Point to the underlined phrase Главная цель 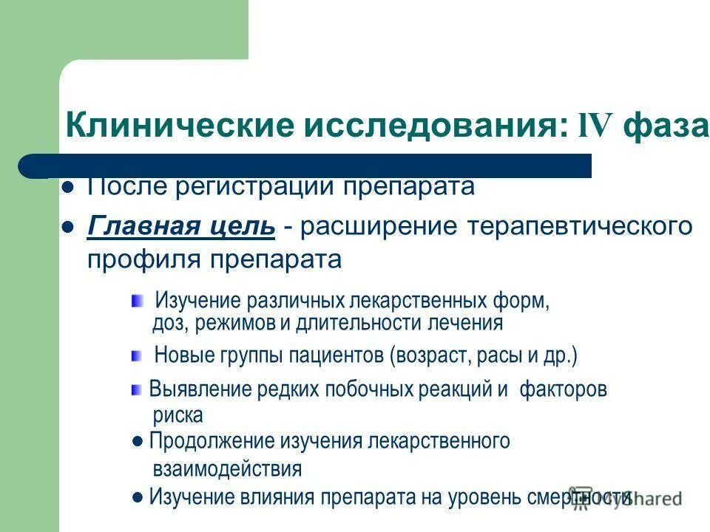181,225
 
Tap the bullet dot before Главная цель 68,226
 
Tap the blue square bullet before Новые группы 136,356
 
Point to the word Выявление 199,390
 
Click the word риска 177,415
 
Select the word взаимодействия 227,468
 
